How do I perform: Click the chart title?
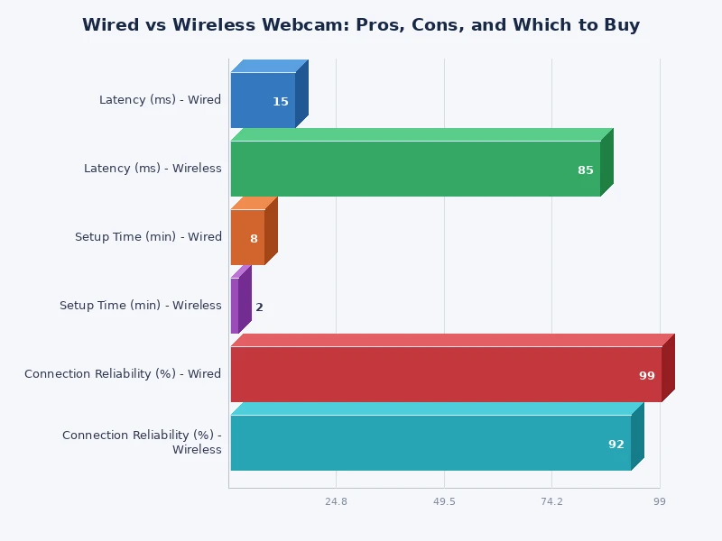click(x=361, y=25)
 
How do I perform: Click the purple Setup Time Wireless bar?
click(x=235, y=306)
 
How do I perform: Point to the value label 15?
click(x=281, y=102)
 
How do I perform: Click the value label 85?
click(x=586, y=170)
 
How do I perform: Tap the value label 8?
click(x=254, y=239)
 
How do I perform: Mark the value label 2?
click(x=259, y=307)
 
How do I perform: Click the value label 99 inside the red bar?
click(x=647, y=376)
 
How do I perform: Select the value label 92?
click(x=616, y=445)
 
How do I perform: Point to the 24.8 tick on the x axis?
click(x=336, y=501)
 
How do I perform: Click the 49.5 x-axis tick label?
click(x=444, y=501)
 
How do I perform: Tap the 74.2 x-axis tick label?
click(x=551, y=501)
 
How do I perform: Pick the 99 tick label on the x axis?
click(x=660, y=501)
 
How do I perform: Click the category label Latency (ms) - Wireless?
click(x=153, y=169)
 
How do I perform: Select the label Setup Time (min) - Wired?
click(x=148, y=237)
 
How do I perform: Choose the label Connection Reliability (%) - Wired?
click(x=123, y=374)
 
